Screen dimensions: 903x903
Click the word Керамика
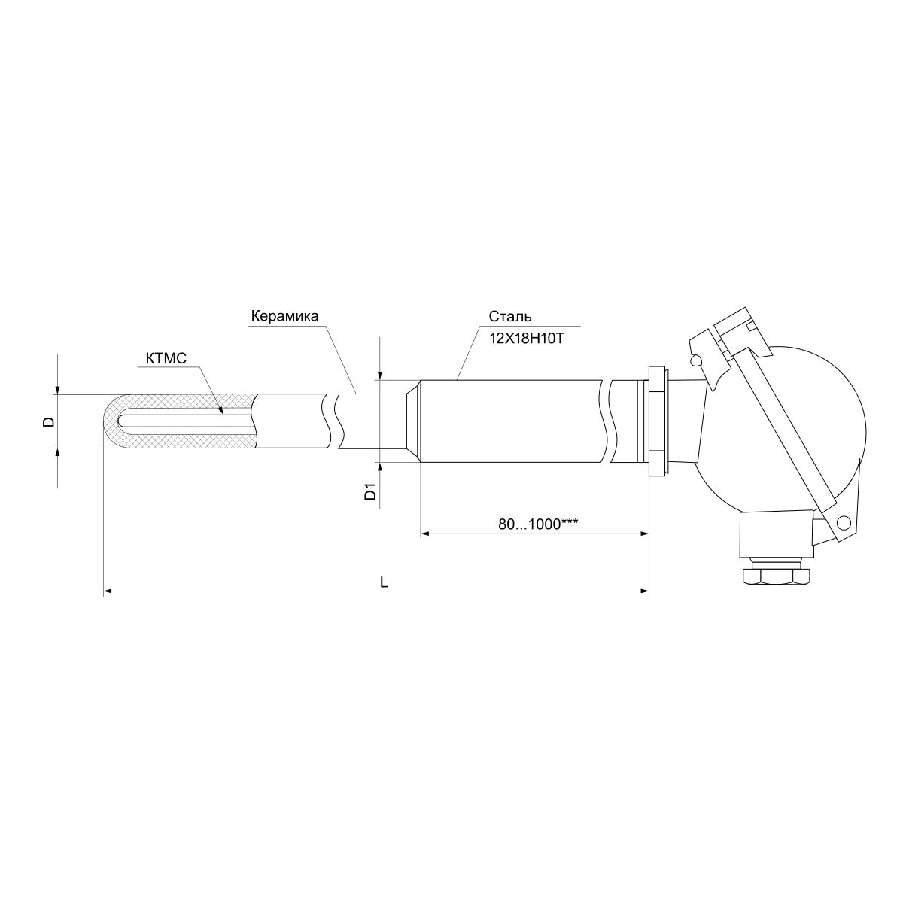pyautogui.click(x=284, y=316)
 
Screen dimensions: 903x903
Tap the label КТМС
pyautogui.click(x=166, y=359)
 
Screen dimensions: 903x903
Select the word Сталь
pyautogui.click(x=510, y=317)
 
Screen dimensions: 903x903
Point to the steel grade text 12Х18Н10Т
pyautogui.click(x=526, y=339)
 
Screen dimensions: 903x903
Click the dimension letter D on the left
pyautogui.click(x=49, y=421)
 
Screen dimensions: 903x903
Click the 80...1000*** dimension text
pyautogui.click(x=537, y=524)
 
